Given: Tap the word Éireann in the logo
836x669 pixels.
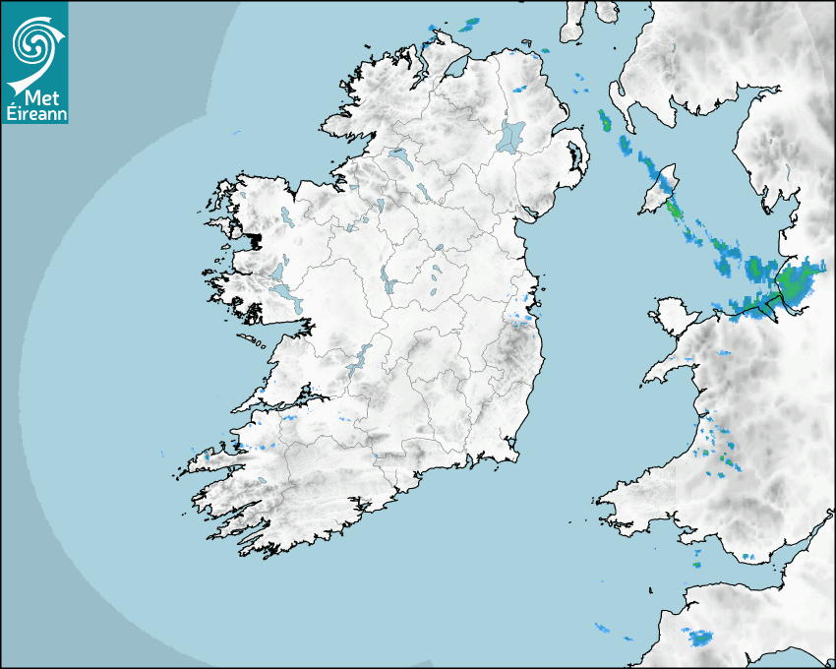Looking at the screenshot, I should coord(34,113).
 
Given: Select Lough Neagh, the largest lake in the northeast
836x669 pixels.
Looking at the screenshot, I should coord(511,136).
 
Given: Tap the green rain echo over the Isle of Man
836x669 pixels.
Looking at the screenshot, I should coord(674,209).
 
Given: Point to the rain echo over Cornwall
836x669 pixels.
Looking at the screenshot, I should coord(701,639).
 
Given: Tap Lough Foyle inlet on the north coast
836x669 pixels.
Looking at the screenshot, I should coord(454,69).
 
